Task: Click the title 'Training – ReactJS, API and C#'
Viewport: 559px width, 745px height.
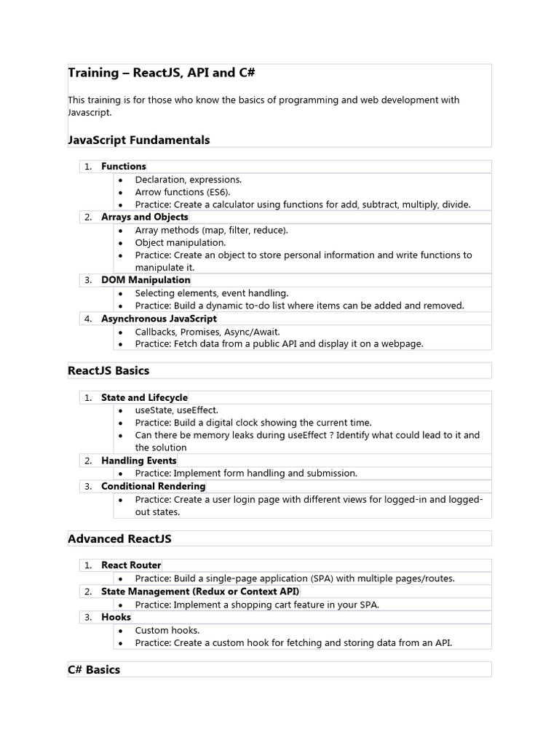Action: click(161, 73)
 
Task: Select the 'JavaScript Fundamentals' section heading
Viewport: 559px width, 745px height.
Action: click(138, 140)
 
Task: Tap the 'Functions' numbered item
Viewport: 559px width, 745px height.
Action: click(123, 167)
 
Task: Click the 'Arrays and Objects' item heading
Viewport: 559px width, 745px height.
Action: click(144, 217)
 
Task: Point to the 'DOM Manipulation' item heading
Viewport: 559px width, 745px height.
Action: click(146, 280)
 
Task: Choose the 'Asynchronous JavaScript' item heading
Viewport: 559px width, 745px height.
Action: click(159, 319)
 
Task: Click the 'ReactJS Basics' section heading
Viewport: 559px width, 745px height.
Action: click(108, 370)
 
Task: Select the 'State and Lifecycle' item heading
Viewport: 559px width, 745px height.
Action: click(144, 398)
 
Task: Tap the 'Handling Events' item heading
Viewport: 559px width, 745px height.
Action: click(138, 461)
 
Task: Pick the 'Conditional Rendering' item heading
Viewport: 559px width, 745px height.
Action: click(153, 486)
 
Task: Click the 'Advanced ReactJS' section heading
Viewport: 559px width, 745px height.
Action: click(119, 538)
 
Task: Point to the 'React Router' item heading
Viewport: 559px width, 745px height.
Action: click(131, 565)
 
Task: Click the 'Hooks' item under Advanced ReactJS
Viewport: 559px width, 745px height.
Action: click(116, 617)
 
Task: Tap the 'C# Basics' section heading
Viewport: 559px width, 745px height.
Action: click(94, 669)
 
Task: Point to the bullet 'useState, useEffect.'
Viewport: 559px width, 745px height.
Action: click(176, 410)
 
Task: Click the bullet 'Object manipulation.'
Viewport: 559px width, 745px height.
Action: click(180, 242)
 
